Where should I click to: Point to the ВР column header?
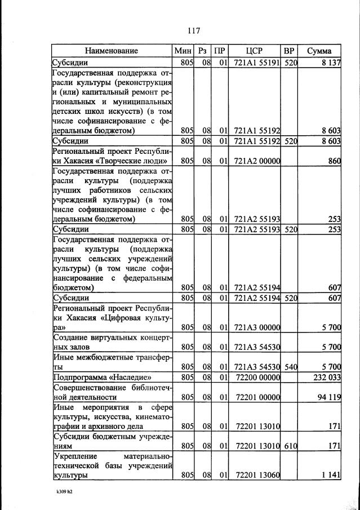point(289,51)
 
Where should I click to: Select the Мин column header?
point(184,51)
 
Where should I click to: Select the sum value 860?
point(335,161)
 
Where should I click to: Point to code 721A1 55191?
point(257,63)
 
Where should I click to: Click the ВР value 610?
point(290,446)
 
